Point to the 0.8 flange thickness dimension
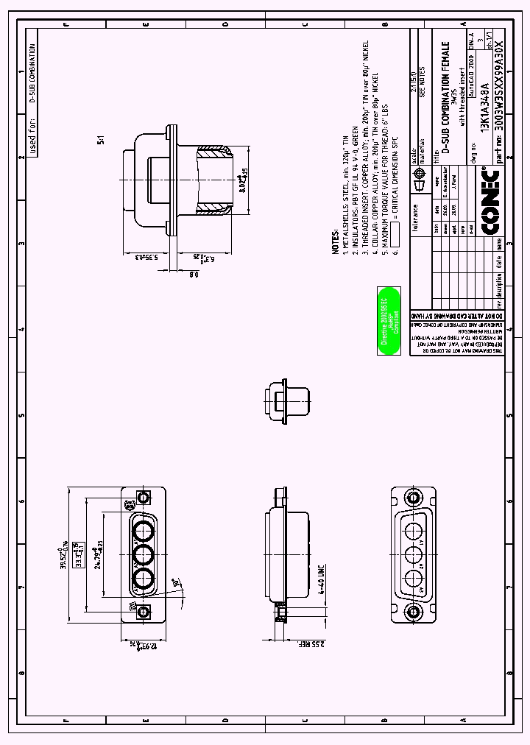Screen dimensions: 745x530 (x=193, y=274)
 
